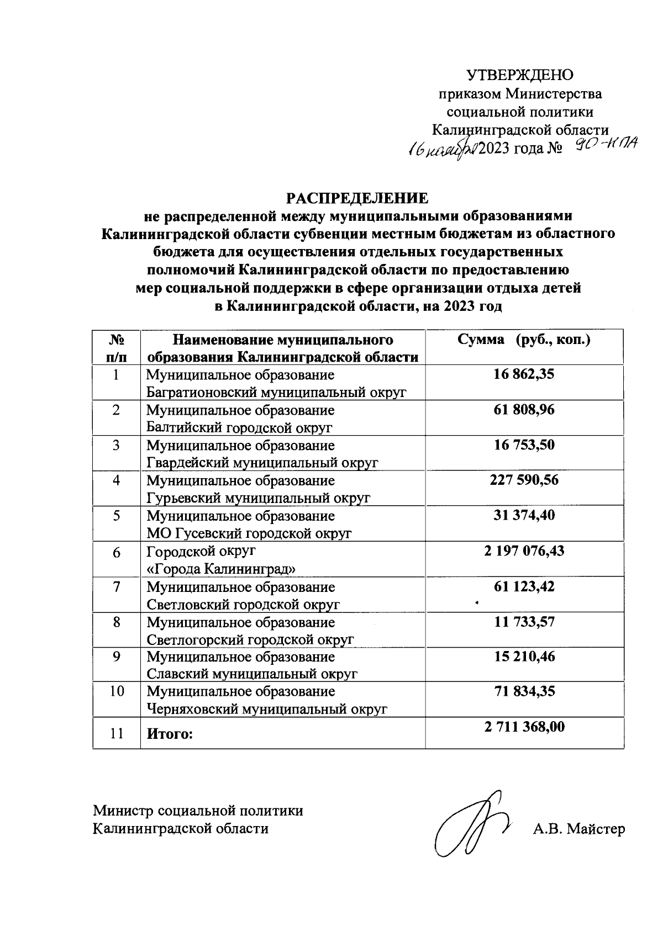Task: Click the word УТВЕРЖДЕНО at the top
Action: pyautogui.click(x=520, y=75)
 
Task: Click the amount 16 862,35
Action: pyautogui.click(x=524, y=374)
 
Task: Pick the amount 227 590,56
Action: pyautogui.click(x=524, y=480)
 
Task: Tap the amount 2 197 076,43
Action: pyautogui.click(x=524, y=551)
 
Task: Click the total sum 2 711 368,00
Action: pyautogui.click(x=524, y=727)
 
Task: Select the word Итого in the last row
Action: pyautogui.click(x=170, y=734)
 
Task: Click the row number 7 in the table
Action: pyautogui.click(x=117, y=587)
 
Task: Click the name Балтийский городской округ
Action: pyautogui.click(x=239, y=427)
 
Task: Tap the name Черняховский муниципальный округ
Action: pyautogui.click(x=267, y=710)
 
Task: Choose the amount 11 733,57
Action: pyautogui.click(x=524, y=622)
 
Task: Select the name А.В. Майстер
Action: pyautogui.click(x=578, y=829)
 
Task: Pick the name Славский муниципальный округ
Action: pyautogui.click(x=252, y=674)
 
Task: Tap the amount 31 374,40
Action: pyautogui.click(x=524, y=515)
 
